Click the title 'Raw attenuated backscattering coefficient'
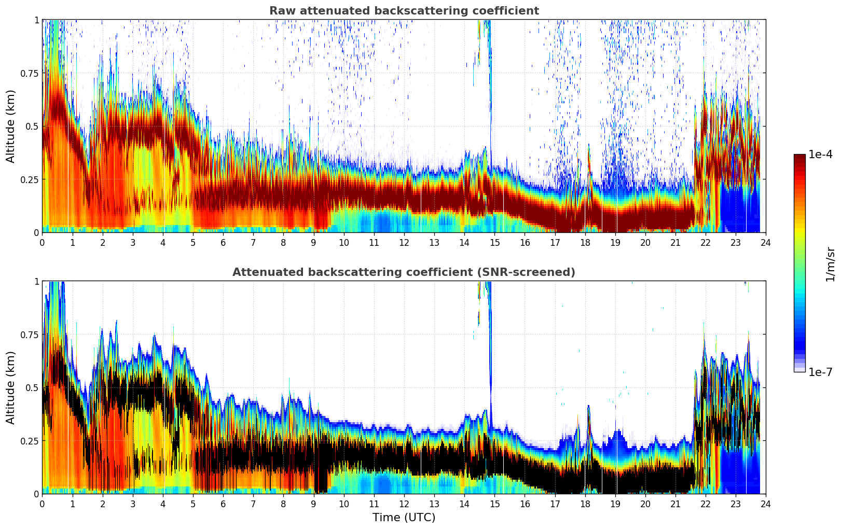point(404,11)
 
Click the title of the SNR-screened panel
point(404,272)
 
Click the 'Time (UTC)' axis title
point(404,518)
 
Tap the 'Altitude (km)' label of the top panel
point(11,126)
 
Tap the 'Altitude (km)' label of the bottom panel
point(11,387)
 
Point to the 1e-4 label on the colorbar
point(820,155)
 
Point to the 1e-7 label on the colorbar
point(820,372)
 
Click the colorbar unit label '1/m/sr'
point(830,264)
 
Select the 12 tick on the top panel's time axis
point(404,242)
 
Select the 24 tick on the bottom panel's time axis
point(765,504)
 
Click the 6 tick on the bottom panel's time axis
point(223,504)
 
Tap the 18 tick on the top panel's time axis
point(585,242)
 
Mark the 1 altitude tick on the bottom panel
point(36,281)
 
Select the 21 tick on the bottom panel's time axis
point(675,504)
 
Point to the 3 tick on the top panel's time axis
point(133,242)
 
